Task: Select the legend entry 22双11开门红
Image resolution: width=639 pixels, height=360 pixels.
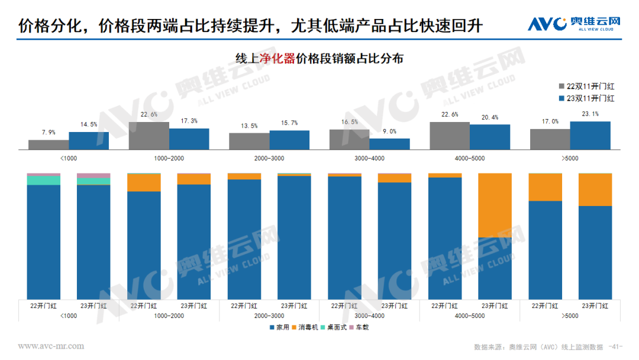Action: pos(586,86)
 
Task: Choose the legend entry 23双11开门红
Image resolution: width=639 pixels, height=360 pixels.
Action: pos(586,98)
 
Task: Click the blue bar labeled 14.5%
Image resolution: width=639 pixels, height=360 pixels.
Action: pos(89,140)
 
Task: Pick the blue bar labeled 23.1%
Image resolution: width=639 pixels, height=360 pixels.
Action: pos(590,135)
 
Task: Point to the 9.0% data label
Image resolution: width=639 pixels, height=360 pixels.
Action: pos(389,131)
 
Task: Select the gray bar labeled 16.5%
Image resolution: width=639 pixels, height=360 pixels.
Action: pos(349,139)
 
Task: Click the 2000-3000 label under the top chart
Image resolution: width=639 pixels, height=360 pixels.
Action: pos(269,158)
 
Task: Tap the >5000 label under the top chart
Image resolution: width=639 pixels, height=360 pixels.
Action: pos(570,158)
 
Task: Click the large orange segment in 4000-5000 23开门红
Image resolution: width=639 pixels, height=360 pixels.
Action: pos(495,205)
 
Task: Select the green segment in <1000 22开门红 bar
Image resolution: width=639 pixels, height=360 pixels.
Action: pos(44,180)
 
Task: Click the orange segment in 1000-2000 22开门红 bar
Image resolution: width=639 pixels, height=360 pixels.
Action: pos(144,182)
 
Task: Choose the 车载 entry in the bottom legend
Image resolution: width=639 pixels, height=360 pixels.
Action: pos(358,327)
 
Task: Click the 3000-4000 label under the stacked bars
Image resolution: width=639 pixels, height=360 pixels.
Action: pos(369,316)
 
